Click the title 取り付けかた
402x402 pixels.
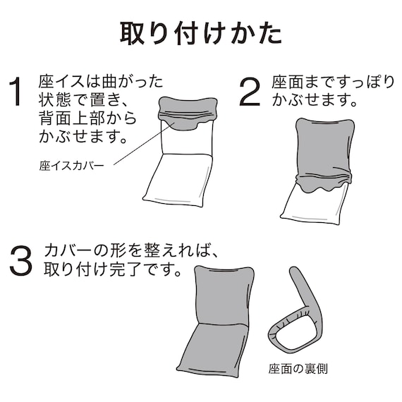tap(201, 32)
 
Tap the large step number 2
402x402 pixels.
tap(250, 91)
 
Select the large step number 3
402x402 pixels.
tap(21, 261)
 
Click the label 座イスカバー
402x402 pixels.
tap(71, 166)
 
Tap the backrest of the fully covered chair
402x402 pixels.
tap(221, 296)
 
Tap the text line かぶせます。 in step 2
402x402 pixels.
tap(314, 100)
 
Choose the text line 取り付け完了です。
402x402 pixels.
tap(113, 269)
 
